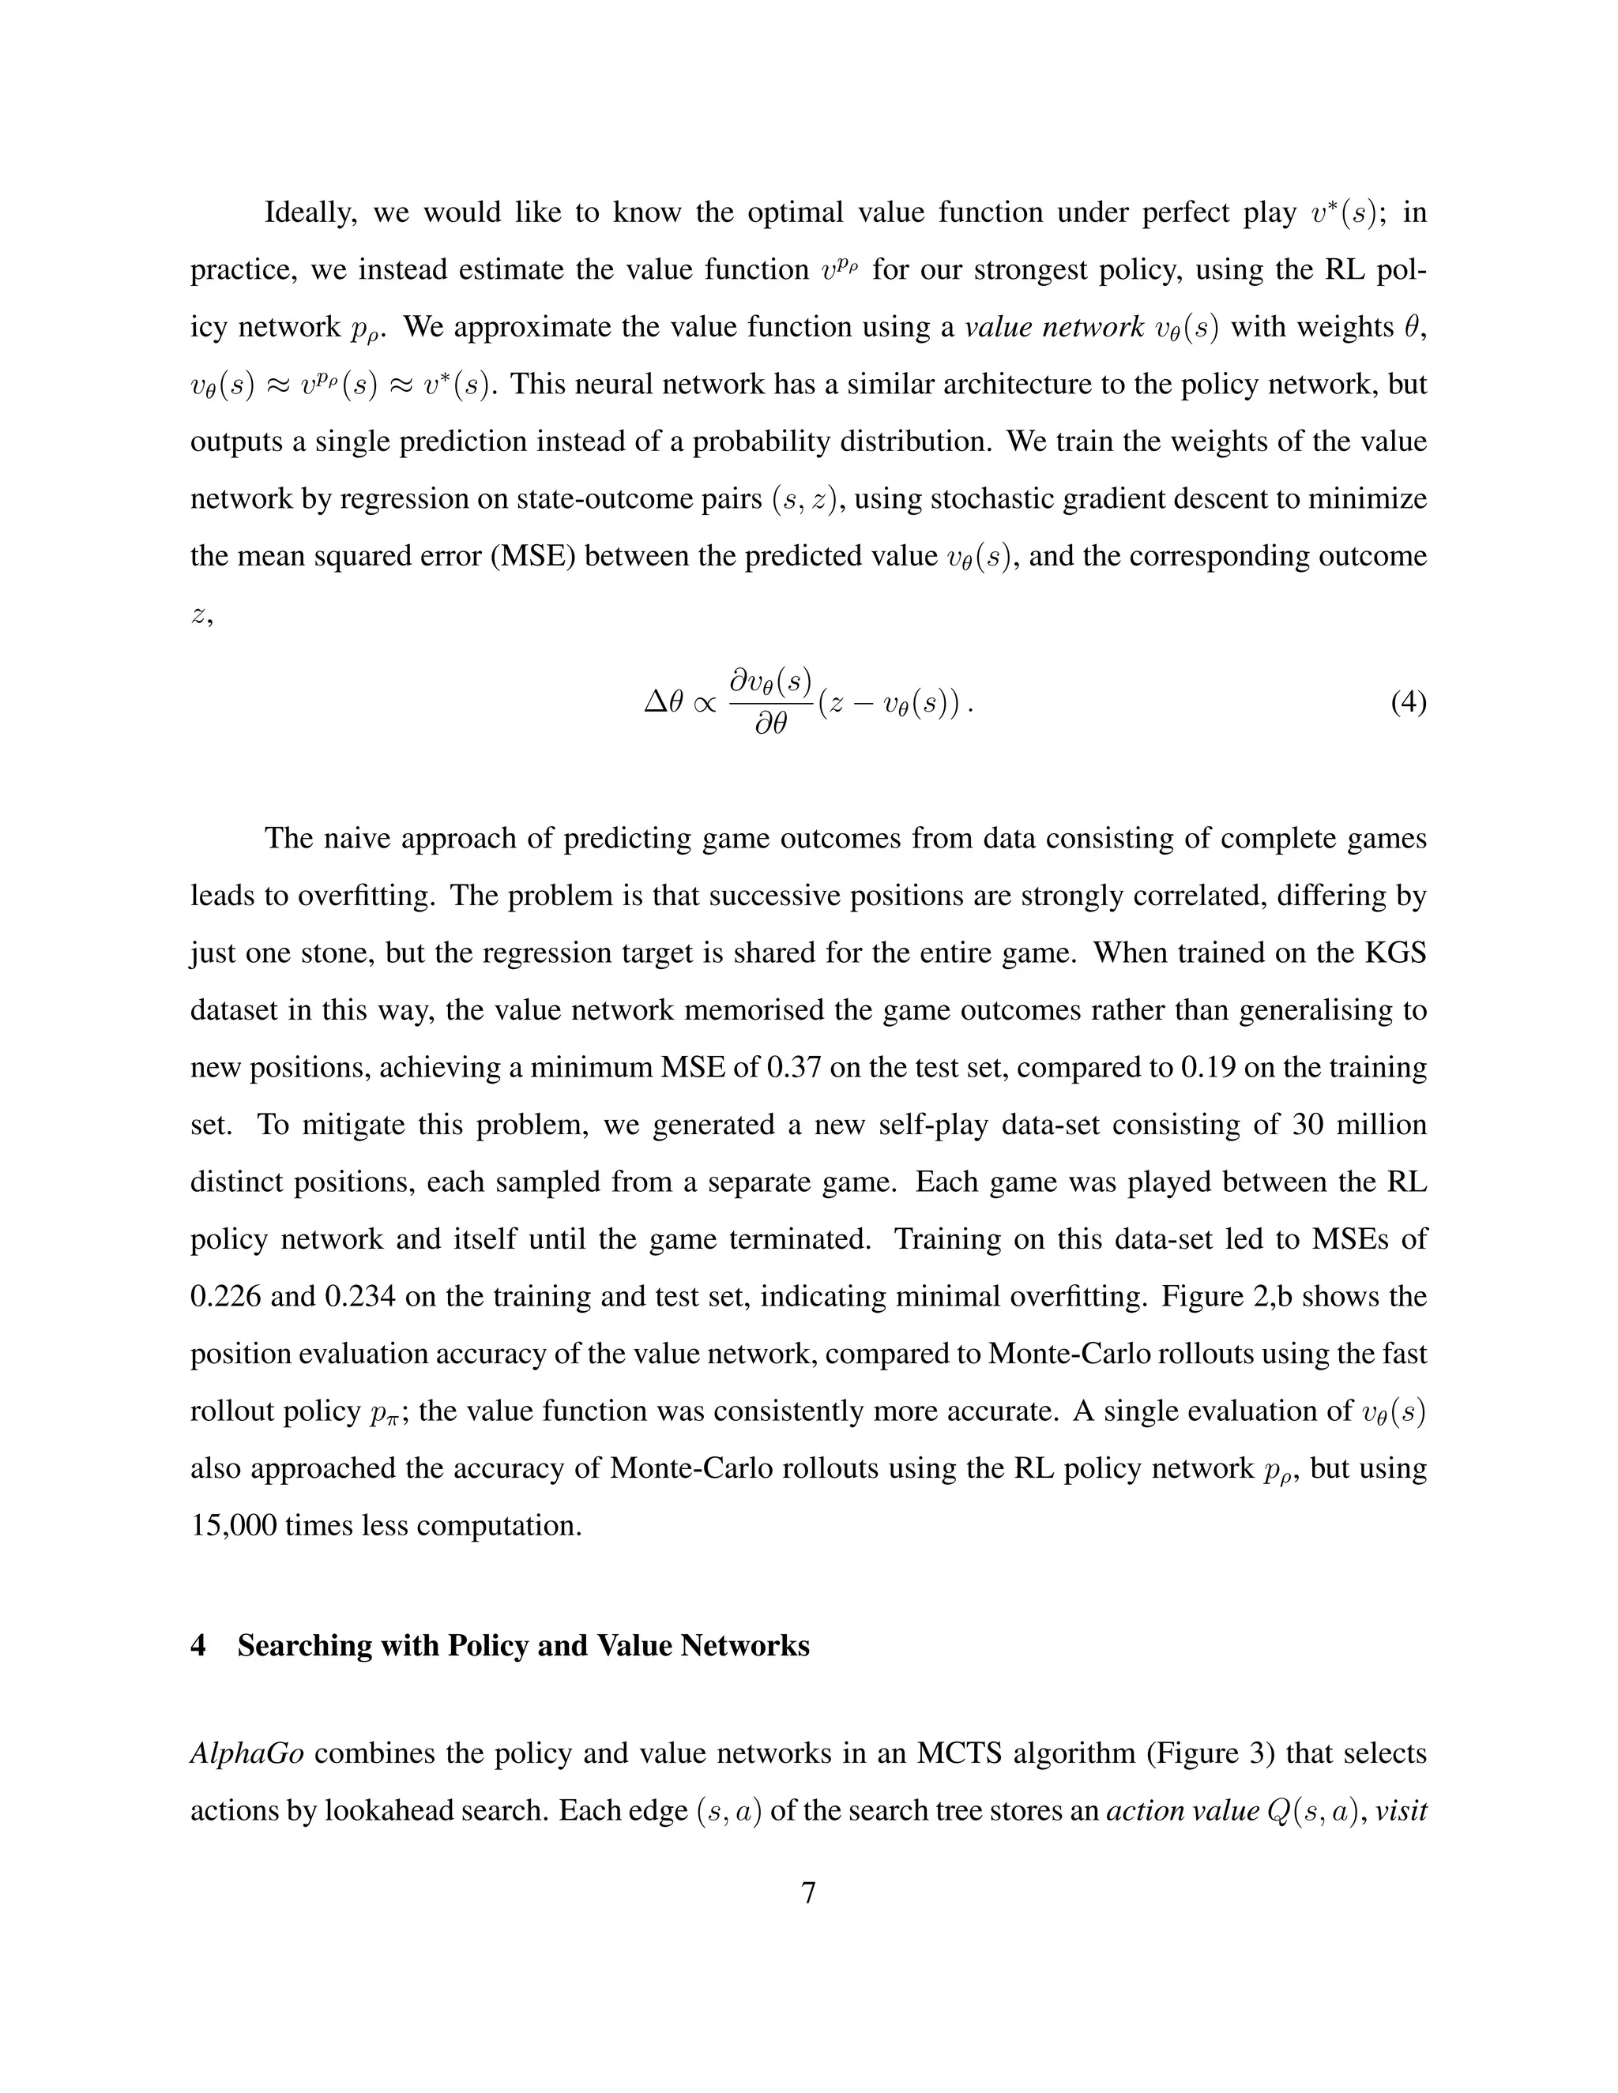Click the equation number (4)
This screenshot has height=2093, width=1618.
pos(1407,705)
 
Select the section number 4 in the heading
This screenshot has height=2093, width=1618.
pos(198,1645)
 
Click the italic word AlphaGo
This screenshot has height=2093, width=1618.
pos(247,1753)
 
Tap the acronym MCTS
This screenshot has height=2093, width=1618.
pos(958,1753)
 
